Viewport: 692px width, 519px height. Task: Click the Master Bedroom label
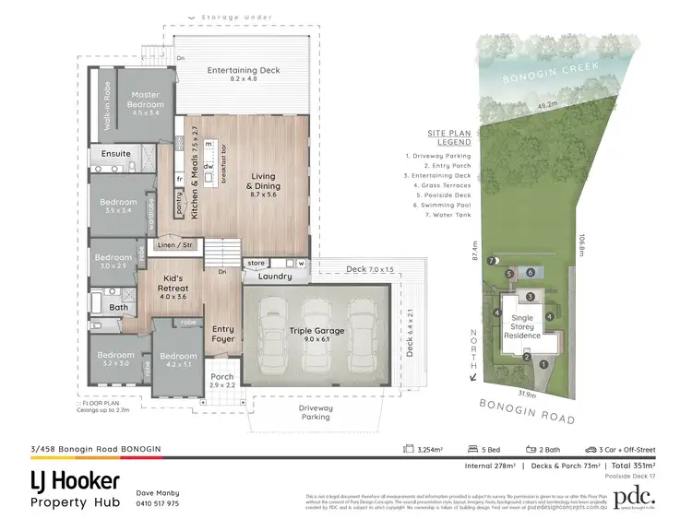[145, 100]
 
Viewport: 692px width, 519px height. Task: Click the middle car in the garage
[316, 336]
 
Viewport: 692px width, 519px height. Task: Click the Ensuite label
[115, 153]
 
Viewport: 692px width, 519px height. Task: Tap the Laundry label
[274, 276]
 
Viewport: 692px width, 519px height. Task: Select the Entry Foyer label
[223, 334]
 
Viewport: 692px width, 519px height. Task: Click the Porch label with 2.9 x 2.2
[221, 381]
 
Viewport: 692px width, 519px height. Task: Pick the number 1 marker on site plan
[543, 364]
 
